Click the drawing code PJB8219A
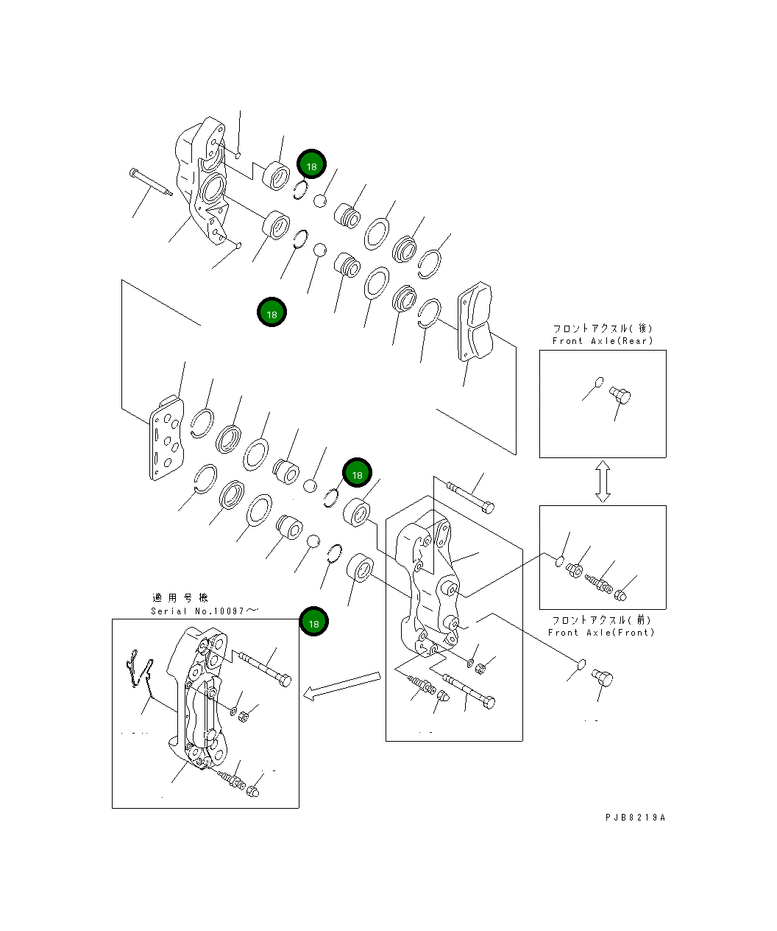635,818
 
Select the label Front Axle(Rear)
603,341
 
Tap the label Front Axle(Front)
601,633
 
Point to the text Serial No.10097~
205,611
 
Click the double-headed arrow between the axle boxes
603,482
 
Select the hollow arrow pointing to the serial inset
341,686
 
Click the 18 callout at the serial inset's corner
313,621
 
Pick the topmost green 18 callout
311,164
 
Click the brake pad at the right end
475,321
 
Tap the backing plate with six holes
166,438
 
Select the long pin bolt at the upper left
151,182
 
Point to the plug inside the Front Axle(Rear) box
620,395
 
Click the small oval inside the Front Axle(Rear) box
600,382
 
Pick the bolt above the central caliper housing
470,498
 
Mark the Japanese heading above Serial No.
180,597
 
